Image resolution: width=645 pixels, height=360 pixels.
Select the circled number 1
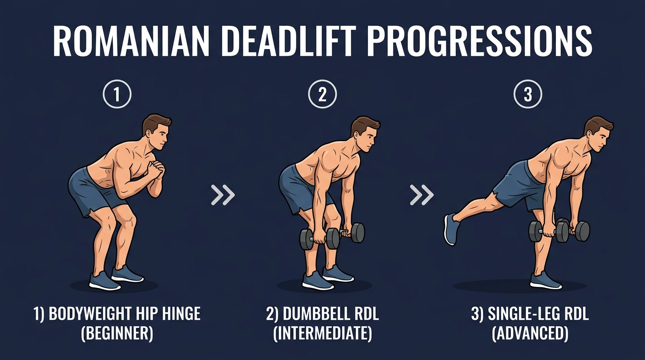coord(117,95)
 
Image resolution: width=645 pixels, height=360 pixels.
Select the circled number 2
coord(322,95)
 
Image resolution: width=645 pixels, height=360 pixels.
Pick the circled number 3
coord(528,95)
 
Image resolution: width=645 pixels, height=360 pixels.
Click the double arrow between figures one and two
coord(223,195)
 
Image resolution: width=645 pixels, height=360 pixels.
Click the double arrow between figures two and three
coord(421,195)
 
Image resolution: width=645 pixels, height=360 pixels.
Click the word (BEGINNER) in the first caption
coord(117,333)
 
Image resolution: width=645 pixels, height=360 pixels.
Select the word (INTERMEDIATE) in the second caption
coord(322,333)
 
